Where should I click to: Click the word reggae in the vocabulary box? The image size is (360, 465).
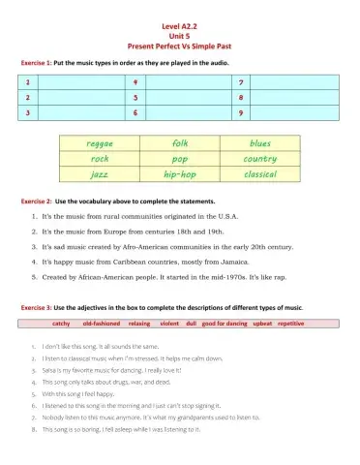pos(100,143)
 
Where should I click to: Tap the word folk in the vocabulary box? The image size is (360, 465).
pos(180,143)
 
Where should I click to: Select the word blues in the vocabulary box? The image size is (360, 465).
pos(260,143)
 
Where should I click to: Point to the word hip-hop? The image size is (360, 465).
pos(180,174)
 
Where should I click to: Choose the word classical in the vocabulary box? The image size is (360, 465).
pos(260,174)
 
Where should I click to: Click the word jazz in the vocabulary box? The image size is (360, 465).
pos(100,174)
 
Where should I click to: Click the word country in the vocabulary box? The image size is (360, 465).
pos(260,159)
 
